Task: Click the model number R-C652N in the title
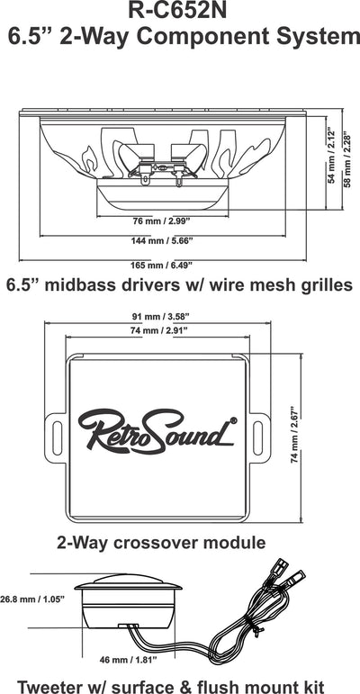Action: pos(177,11)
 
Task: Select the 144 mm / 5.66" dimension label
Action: pos(163,241)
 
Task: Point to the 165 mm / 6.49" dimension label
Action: pos(162,266)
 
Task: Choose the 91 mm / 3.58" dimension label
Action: pos(157,317)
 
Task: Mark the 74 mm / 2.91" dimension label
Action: pos(157,330)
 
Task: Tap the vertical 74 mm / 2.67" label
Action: pos(293,437)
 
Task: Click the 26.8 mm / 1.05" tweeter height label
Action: pos(32,599)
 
